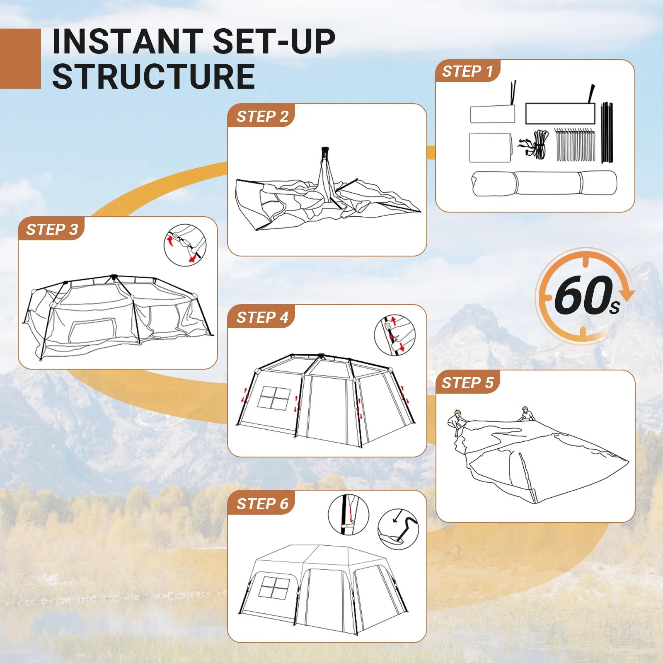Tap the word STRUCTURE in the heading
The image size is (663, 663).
(x=153, y=77)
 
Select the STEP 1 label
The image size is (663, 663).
(x=467, y=71)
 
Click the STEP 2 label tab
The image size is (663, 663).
(x=262, y=116)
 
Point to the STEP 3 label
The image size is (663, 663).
(x=52, y=230)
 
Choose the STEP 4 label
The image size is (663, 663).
(x=262, y=317)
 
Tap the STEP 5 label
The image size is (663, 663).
(x=467, y=383)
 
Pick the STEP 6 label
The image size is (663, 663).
(x=262, y=504)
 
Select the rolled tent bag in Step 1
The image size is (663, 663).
(x=544, y=183)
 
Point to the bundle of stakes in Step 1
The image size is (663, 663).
(x=575, y=145)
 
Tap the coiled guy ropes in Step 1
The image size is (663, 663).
(x=535, y=145)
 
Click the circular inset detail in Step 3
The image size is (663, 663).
(x=185, y=245)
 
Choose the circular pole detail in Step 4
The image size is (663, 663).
(x=394, y=335)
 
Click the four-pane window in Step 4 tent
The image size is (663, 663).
(x=274, y=399)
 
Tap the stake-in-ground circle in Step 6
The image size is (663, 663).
(x=398, y=529)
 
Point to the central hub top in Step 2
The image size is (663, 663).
(x=325, y=150)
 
